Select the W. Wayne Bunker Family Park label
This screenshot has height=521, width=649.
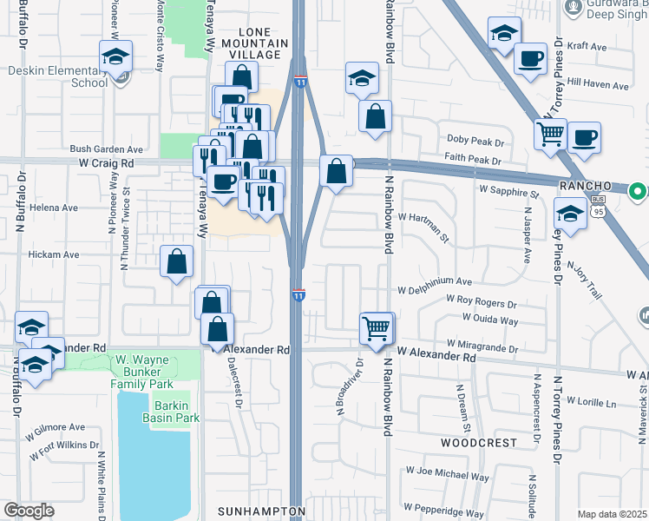142,371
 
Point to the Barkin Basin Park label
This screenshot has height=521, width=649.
176,412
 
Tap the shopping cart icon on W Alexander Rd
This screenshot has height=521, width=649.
377,329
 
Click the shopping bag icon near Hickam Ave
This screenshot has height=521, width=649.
176,260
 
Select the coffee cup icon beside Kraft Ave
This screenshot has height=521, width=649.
530,59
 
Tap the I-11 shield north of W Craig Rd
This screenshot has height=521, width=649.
300,81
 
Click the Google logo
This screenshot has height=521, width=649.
29,510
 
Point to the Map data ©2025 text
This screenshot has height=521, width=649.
612,514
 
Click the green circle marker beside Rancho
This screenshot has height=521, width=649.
638,189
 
